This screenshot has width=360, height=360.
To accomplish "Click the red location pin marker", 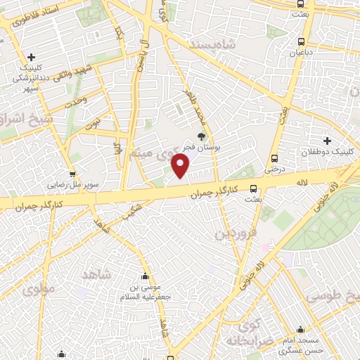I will click(181, 166).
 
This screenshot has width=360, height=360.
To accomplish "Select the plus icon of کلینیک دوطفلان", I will click(328, 140).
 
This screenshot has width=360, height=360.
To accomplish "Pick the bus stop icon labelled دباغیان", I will click(301, 41).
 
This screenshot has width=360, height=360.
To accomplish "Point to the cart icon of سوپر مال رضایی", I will click(72, 174).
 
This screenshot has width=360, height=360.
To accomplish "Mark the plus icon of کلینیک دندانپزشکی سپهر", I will click(31, 57).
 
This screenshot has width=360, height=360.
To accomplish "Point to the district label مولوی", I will click(39, 288).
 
